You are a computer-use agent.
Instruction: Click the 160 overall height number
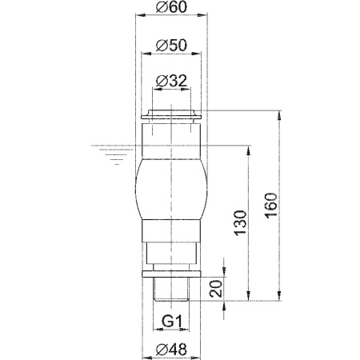coord(270,206)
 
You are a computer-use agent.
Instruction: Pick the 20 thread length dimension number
coord(215,289)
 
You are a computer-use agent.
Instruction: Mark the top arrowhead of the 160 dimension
coord(279,113)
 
